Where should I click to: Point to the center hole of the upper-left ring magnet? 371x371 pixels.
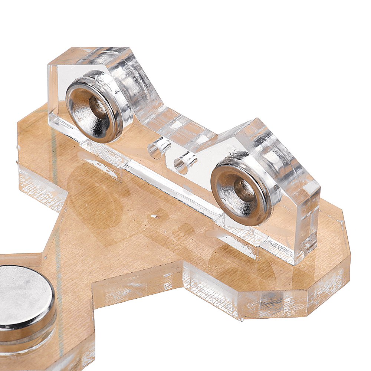click(97, 108)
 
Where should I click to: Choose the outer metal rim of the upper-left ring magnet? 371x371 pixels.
click(122, 111)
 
